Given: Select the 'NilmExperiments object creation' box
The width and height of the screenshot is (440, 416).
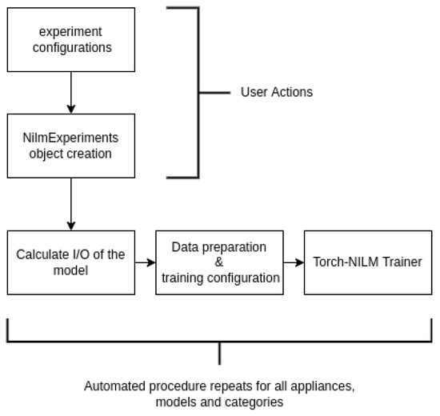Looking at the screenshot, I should (71, 146).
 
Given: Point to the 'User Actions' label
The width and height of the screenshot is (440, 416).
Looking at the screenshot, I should (276, 92).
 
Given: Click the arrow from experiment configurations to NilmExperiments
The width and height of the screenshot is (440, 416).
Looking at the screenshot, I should (71, 91).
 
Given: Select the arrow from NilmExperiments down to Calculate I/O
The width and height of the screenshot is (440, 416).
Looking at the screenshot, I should (71, 204).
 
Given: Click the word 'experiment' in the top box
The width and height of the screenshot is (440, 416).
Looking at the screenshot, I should (71, 32).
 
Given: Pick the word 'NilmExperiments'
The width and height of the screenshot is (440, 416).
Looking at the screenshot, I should (71, 138).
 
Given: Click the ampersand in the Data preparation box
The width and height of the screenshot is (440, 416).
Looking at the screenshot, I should (219, 262).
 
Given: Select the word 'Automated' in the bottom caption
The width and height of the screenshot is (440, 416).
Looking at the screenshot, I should (112, 386).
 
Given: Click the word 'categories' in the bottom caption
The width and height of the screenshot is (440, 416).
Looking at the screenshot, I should (256, 402).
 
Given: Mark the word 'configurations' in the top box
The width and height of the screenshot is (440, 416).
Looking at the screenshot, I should (71, 47).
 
